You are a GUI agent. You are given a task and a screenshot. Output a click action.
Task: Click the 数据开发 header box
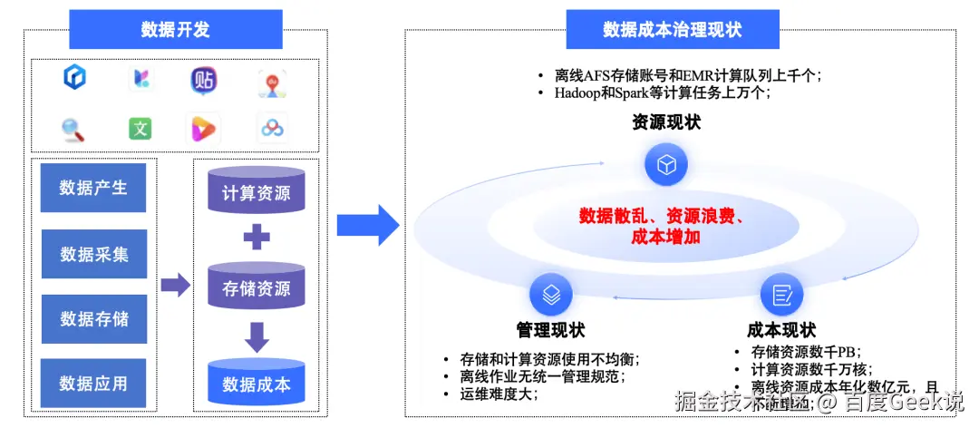pos(175,29)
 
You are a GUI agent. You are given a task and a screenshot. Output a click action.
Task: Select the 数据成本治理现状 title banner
pos(672,29)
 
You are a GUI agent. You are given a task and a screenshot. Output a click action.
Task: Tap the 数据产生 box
pos(93,189)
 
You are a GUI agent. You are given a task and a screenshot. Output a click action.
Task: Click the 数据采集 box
pos(93,254)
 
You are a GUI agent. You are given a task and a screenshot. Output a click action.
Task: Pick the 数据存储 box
pos(93,319)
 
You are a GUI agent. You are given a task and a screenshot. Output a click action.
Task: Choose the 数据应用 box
pos(93,384)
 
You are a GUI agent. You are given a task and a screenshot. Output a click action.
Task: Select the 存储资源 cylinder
pos(257,289)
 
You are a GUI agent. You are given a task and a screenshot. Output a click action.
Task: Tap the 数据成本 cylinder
pos(257,384)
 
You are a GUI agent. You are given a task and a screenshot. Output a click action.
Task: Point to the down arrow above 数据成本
pos(257,337)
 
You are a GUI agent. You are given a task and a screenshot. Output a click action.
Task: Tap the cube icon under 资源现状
pos(666,165)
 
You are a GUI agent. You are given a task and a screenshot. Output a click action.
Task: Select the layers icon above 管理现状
pos(551,295)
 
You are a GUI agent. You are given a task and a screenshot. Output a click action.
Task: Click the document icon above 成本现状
pos(781,295)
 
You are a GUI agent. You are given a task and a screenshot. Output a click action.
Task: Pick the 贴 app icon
pos(204,80)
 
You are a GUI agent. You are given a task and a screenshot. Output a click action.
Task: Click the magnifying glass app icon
pos(73,130)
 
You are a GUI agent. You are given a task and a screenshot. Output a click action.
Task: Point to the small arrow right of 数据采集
pos(174,286)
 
